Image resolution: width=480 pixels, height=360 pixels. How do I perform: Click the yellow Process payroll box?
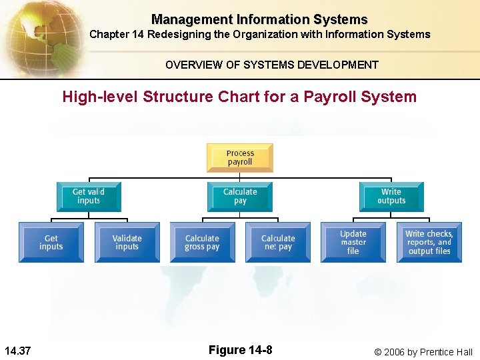tap(240, 157)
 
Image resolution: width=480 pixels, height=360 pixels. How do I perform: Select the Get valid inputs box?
tap(89, 196)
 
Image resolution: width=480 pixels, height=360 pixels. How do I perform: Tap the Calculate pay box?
tap(240, 196)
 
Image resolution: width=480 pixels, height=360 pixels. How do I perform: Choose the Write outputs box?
tap(391, 196)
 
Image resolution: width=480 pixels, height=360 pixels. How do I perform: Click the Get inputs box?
tap(51, 242)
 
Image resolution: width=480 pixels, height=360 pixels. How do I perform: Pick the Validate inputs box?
tap(127, 242)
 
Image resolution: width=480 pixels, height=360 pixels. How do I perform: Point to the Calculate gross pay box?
tap(202, 242)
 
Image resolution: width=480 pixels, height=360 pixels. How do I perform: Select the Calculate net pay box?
tap(278, 242)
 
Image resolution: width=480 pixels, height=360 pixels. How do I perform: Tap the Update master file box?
tap(353, 242)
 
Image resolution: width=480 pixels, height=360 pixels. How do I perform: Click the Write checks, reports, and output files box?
tap(429, 242)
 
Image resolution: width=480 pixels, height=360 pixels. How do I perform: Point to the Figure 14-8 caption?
tap(240, 351)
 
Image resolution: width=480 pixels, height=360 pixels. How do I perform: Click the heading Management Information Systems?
tap(259, 20)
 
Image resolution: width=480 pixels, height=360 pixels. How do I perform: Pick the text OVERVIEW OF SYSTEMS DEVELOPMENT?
tap(272, 65)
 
